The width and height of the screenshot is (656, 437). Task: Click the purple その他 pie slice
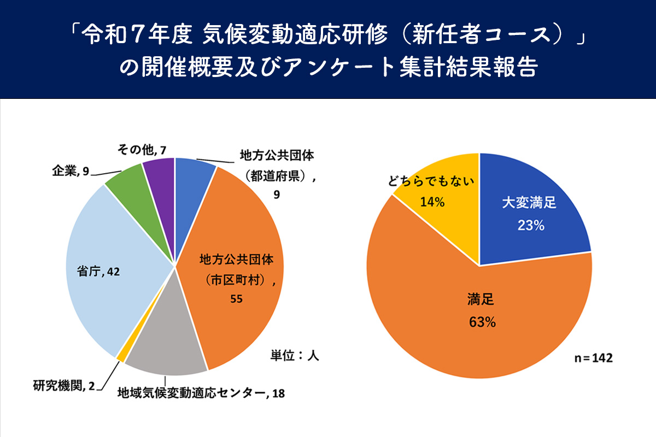160,178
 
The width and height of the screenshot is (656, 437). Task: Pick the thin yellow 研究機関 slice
121,355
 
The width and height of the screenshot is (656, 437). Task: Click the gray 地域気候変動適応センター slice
164,344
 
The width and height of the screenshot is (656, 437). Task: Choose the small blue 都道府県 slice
193,175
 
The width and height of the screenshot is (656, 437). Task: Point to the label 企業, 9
71,172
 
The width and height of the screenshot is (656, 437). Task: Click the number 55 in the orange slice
236,299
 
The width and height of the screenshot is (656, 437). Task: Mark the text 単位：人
295,355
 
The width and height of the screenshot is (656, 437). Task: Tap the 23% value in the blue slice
530,225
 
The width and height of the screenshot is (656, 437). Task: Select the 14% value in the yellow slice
432,202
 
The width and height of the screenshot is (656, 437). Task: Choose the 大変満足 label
529,204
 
